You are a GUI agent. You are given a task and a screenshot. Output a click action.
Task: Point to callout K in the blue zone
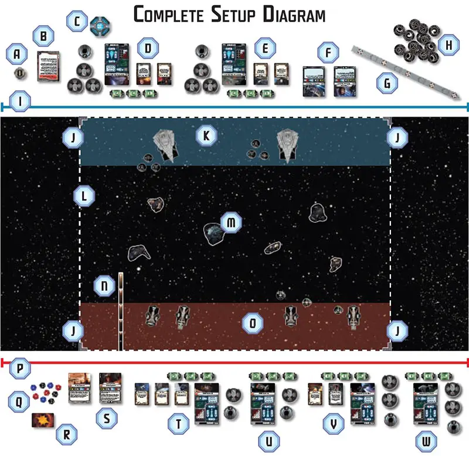tap(206, 137)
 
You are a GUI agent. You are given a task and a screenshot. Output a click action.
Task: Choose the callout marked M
tap(230, 223)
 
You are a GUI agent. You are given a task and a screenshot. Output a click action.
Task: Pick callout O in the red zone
tap(253, 322)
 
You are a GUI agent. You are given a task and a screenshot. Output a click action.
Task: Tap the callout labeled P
tap(21, 369)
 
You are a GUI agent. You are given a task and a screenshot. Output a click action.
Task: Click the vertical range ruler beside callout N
tap(120, 311)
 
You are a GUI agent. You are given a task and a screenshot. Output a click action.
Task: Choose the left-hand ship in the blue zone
tap(164, 143)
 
